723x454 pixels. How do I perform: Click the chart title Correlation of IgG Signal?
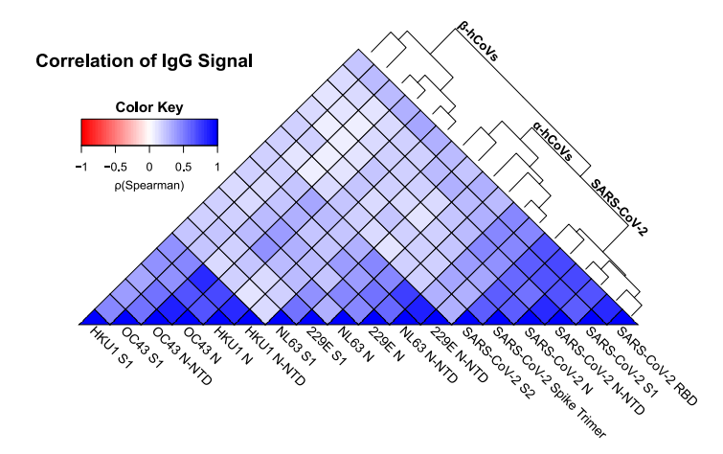(144, 62)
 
